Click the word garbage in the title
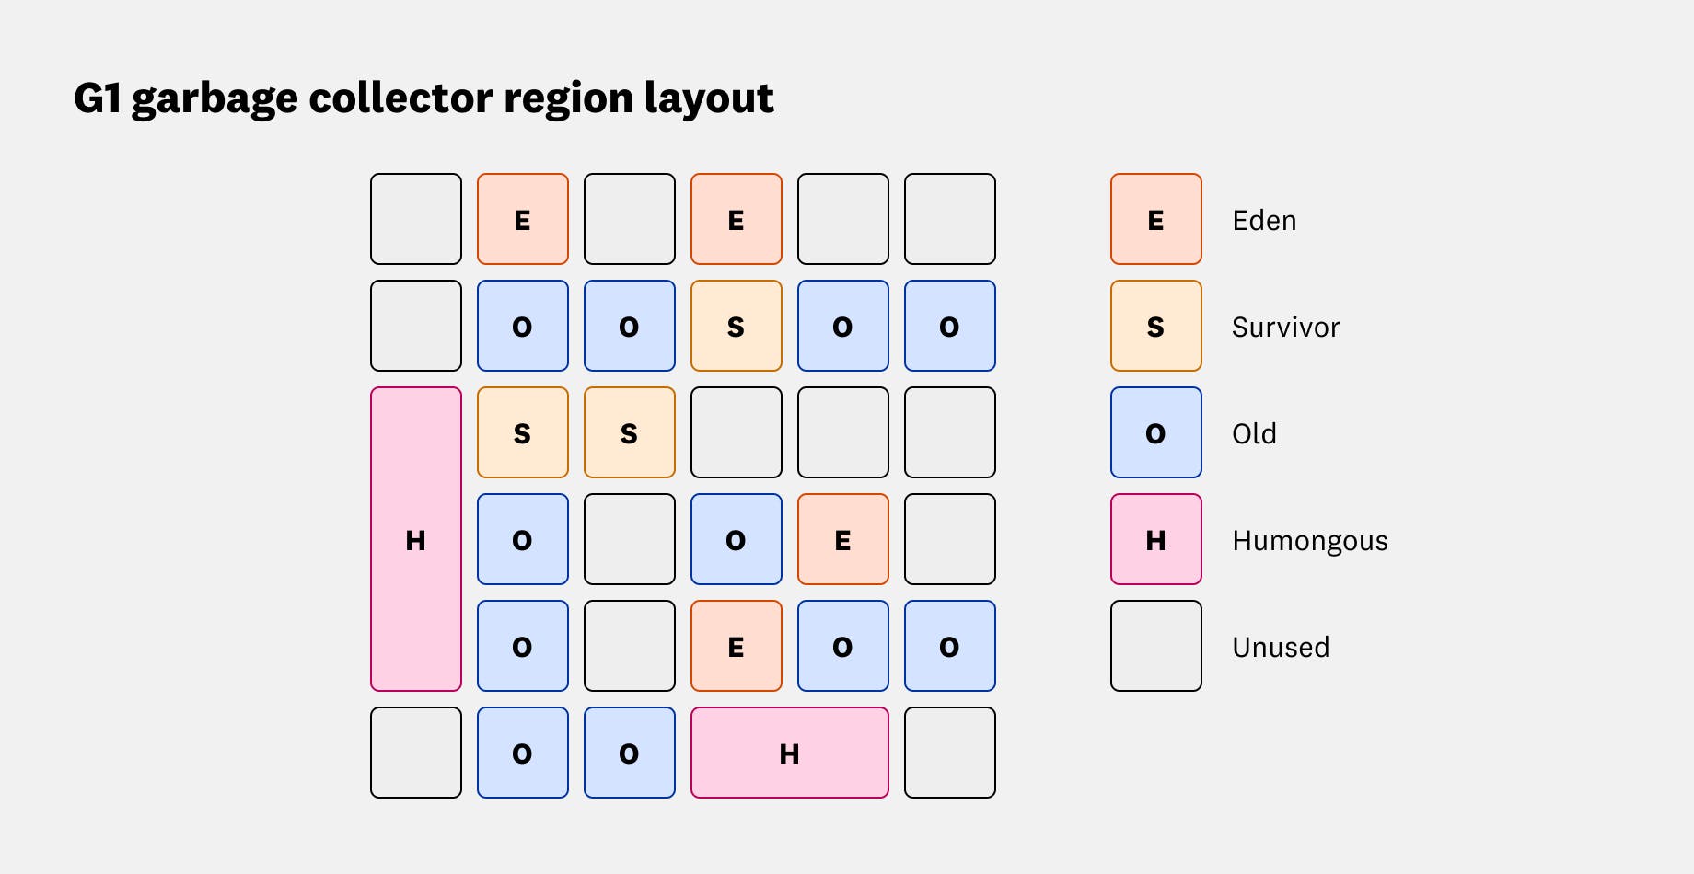coord(215,98)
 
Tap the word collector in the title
coord(400,98)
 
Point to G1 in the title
coord(98,98)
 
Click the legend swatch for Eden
coord(1156,219)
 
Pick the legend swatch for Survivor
coord(1156,326)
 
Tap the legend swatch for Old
coord(1156,432)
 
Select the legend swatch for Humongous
coord(1156,539)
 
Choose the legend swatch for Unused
coord(1156,646)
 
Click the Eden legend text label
coord(1264,221)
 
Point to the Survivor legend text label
coord(1285,328)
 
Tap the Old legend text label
coord(1254,434)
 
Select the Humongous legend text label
coord(1309,541)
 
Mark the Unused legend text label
coord(1281,648)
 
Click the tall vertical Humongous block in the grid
coord(416,539)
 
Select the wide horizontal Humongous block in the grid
coord(790,753)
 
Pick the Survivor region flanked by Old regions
coord(737,326)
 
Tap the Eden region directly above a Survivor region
coord(737,219)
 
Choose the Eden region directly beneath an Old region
coord(737,646)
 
